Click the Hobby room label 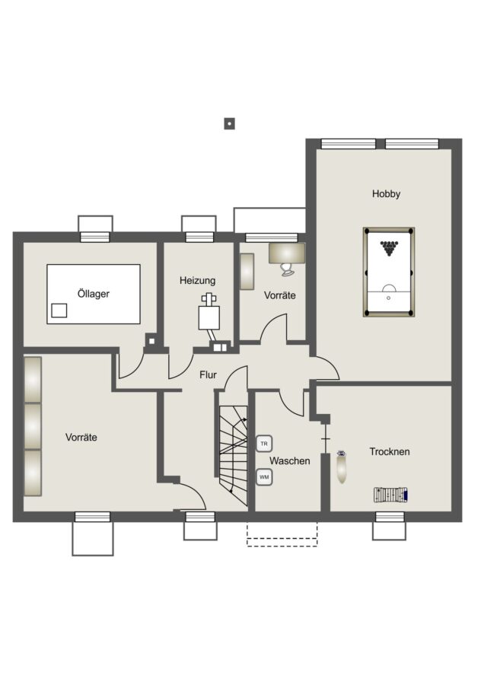click(386, 193)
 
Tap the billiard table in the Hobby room click(388, 272)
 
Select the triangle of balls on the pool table click(388, 248)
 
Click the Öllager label click(93, 294)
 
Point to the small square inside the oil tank click(59, 311)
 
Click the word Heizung click(197, 280)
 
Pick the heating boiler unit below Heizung click(209, 317)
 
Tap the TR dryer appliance click(264, 444)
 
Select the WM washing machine click(264, 477)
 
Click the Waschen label click(290, 461)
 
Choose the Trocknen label click(390, 451)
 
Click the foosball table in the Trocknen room click(391, 495)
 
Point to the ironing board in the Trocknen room click(342, 467)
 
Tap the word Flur click(208, 374)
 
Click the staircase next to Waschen click(234, 455)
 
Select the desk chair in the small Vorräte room click(288, 269)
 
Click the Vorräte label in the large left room click(81, 438)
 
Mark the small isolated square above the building click(229, 123)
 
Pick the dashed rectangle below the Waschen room click(282, 534)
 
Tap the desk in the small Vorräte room click(287, 253)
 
